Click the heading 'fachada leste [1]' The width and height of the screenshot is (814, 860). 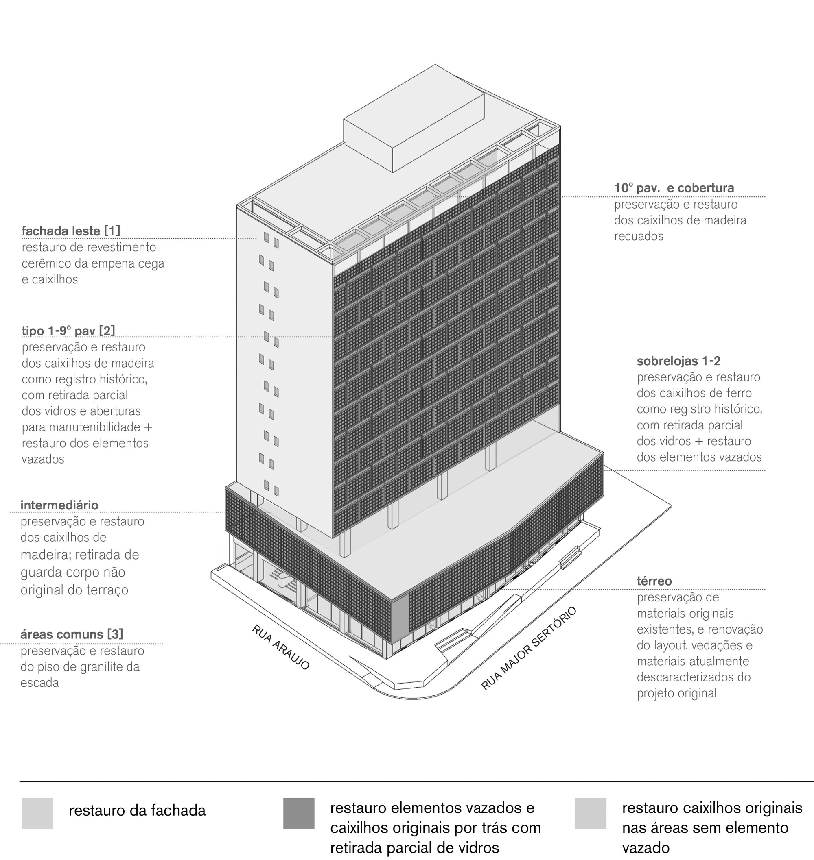tap(71, 231)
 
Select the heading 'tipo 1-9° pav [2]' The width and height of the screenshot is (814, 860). tap(68, 331)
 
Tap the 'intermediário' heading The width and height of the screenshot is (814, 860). tap(59, 505)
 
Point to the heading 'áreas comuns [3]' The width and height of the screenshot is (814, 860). tap(72, 634)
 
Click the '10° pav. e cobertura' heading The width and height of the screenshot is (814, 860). tap(674, 188)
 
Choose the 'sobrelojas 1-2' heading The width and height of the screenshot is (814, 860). tap(672, 361)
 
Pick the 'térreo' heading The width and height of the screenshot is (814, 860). tap(654, 581)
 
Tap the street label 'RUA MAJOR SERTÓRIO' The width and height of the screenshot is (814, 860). tap(529, 648)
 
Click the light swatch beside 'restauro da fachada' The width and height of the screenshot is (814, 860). tap(37, 813)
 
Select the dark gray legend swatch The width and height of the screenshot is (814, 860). tap(298, 813)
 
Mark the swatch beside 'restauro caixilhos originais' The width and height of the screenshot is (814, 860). tap(591, 813)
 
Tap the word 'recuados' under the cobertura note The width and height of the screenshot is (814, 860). tap(638, 236)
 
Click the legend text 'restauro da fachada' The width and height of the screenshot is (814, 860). tap(137, 810)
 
